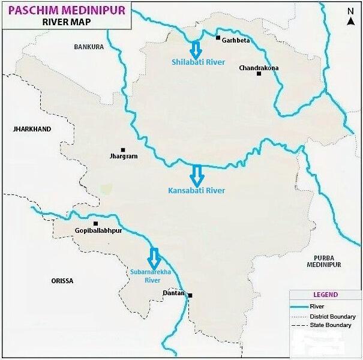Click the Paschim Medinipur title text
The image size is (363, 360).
[67, 10]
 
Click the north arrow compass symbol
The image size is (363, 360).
[351, 17]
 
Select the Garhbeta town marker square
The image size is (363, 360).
[218, 38]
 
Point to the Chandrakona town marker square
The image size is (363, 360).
[259, 74]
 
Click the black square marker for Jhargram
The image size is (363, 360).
[123, 150]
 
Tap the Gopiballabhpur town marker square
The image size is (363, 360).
[95, 224]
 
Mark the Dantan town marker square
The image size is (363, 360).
[190, 295]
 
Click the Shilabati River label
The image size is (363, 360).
[198, 62]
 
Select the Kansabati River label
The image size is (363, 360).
[197, 190]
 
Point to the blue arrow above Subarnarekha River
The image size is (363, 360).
[154, 258]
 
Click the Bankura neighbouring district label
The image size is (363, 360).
[89, 47]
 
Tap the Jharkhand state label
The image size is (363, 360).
[32, 129]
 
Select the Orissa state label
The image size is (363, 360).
[62, 281]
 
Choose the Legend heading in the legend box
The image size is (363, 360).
[325, 295]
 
